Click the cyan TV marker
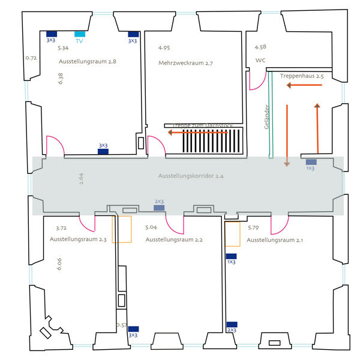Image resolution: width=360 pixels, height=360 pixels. pyautogui.click(x=80, y=34)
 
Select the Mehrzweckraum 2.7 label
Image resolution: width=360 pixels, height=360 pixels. pyautogui.click(x=186, y=63)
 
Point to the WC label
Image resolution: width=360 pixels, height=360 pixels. pyautogui.click(x=260, y=61)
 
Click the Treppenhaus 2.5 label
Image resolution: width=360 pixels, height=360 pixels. pyautogui.click(x=302, y=77)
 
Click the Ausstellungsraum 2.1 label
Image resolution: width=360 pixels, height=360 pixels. pyautogui.click(x=275, y=240)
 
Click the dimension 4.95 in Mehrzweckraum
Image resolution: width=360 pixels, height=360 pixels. pyautogui.click(x=164, y=47)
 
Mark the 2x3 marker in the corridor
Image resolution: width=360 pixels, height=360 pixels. pyautogui.click(x=159, y=208)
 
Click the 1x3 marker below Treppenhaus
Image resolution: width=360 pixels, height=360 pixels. pyautogui.click(x=311, y=162)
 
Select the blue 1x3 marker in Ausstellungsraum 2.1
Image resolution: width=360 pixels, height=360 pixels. pyautogui.click(x=231, y=256)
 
